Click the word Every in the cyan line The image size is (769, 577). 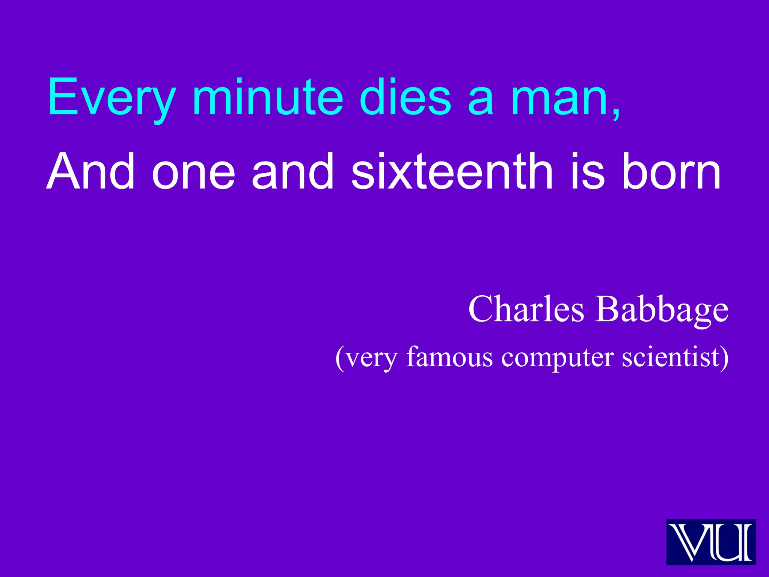[111, 98]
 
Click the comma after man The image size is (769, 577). [616, 113]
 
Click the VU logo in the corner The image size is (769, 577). [711, 542]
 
